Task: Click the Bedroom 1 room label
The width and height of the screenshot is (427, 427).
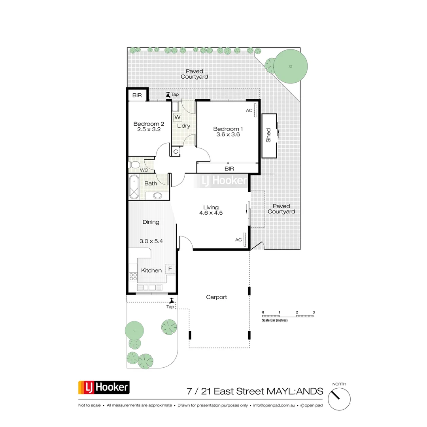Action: click(228, 129)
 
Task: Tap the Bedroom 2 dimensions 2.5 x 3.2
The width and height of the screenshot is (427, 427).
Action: click(149, 129)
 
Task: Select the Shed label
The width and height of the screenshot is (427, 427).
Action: click(268, 135)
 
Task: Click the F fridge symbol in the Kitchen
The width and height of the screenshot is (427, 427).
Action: click(170, 269)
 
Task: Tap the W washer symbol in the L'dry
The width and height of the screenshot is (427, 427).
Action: click(178, 117)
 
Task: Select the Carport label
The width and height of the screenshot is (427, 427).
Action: click(216, 297)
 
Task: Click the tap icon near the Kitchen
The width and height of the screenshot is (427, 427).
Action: click(172, 301)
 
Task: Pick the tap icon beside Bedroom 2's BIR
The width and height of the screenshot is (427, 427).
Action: click(168, 95)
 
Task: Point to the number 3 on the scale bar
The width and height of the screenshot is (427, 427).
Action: click(314, 312)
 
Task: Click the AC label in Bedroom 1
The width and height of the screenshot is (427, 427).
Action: click(249, 110)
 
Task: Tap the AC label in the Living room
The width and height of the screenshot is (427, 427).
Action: click(239, 240)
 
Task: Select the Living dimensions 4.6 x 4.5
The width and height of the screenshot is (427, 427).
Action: click(211, 213)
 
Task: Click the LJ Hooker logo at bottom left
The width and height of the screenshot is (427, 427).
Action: click(104, 387)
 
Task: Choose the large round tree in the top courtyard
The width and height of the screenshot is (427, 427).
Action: click(291, 66)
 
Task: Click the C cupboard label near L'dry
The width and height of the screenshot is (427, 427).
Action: click(176, 151)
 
